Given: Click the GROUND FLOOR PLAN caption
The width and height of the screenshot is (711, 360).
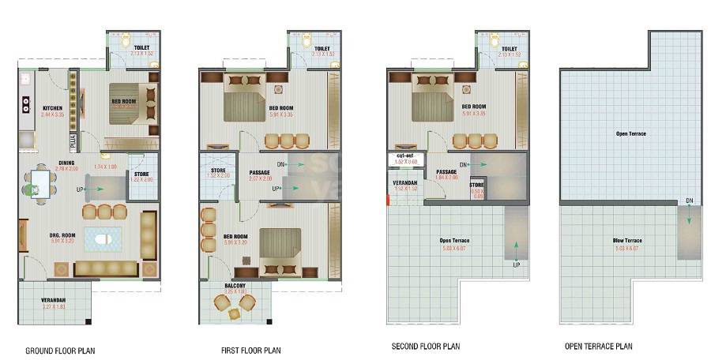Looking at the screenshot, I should (62, 349).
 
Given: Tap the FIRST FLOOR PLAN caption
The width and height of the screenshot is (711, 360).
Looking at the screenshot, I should (250, 349).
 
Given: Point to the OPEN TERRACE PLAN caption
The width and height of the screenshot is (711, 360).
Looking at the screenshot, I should (598, 346).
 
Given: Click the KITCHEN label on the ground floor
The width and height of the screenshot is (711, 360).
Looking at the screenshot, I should (53, 108).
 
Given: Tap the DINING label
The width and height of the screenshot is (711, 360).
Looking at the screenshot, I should (66, 163).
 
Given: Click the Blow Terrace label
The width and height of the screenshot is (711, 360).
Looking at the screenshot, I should (627, 240).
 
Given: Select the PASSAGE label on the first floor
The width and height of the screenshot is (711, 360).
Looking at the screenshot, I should (260, 172).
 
